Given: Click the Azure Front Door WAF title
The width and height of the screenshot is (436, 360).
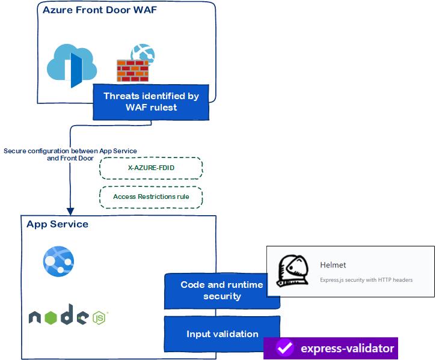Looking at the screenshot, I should click(x=99, y=10).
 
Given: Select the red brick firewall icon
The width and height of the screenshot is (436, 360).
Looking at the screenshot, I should click(x=132, y=71).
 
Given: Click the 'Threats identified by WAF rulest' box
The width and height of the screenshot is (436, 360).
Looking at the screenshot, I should click(x=151, y=102).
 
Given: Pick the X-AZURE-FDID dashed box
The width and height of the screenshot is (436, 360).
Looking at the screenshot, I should click(x=151, y=168).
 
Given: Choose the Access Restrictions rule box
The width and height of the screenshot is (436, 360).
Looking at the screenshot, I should click(x=151, y=197).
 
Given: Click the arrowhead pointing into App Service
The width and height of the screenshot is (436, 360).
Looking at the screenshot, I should click(x=70, y=211).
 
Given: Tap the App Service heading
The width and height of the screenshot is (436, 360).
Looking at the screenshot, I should click(x=57, y=224).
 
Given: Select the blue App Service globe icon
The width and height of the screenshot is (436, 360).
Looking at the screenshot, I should click(x=58, y=261).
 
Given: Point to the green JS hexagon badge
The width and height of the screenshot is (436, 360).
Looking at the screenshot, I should click(x=99, y=317).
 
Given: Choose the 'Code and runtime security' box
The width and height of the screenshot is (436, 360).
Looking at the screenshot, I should click(x=222, y=290).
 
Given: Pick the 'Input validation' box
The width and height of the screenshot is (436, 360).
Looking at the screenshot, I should click(x=222, y=334).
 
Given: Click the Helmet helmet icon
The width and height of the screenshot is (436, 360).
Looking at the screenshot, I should click(x=292, y=271).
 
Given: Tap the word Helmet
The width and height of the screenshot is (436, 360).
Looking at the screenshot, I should click(x=333, y=264).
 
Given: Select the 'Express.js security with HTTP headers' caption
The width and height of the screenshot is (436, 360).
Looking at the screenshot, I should click(x=366, y=280).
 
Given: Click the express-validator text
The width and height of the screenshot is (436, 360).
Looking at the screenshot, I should click(x=348, y=348).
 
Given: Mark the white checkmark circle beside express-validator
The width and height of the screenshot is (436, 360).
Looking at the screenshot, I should click(x=284, y=348).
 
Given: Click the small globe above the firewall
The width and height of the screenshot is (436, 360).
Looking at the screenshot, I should click(x=143, y=53).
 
